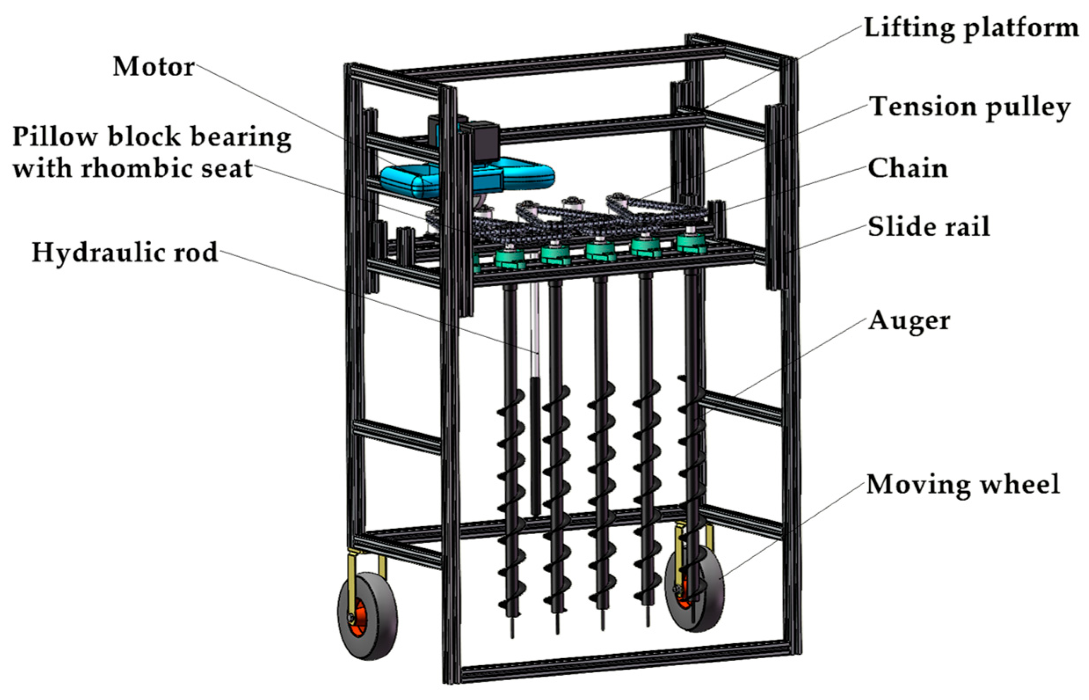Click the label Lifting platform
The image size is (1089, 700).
point(971,28)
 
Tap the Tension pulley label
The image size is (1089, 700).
point(969,108)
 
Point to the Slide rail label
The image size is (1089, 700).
point(928,226)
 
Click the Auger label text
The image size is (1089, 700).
point(909,321)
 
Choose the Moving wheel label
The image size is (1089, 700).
point(963,484)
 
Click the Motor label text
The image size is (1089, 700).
point(153,67)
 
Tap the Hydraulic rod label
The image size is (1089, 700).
point(124,253)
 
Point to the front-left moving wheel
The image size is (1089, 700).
point(367,616)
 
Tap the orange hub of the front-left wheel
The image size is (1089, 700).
point(359,618)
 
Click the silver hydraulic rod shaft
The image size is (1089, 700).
point(536,332)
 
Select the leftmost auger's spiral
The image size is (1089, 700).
point(511,500)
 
